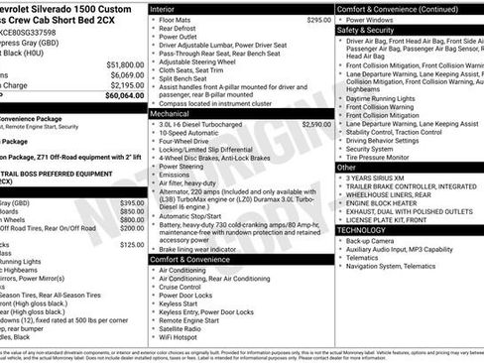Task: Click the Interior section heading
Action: click(x=164, y=8)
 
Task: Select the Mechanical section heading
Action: click(x=172, y=114)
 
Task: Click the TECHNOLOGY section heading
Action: click(x=361, y=229)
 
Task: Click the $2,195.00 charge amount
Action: click(x=128, y=85)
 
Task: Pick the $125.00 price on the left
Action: click(x=132, y=243)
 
